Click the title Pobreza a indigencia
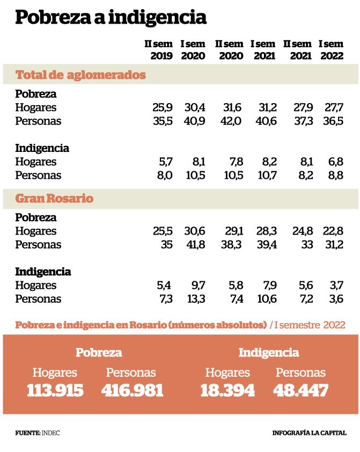click(111, 18)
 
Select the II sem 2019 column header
click(159, 49)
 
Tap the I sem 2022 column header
click(331, 49)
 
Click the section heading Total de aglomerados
click(80, 75)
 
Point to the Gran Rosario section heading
click(54, 198)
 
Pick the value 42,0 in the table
click(231, 121)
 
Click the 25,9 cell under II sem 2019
click(163, 107)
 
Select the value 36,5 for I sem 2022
click(333, 121)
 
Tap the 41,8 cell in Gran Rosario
click(195, 244)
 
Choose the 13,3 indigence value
click(196, 298)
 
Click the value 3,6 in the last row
click(336, 298)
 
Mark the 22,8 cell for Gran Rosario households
click(333, 231)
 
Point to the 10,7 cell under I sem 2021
click(267, 175)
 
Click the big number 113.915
click(55, 390)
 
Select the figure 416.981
click(133, 390)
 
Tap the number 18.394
click(228, 390)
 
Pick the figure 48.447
click(300, 390)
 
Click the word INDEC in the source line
click(50, 433)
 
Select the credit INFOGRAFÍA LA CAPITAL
click(310, 433)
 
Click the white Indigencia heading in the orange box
click(269, 352)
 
